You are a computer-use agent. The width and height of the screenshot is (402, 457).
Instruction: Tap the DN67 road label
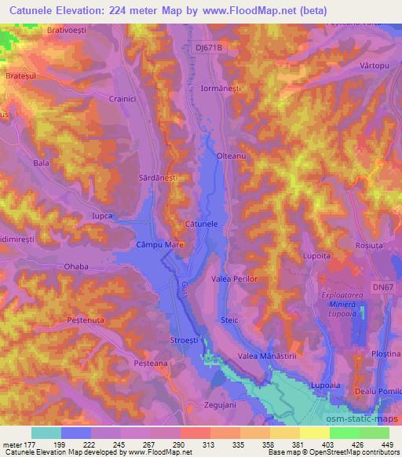pos(382,288)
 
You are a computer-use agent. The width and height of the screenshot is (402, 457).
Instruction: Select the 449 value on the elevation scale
pos(386,445)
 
